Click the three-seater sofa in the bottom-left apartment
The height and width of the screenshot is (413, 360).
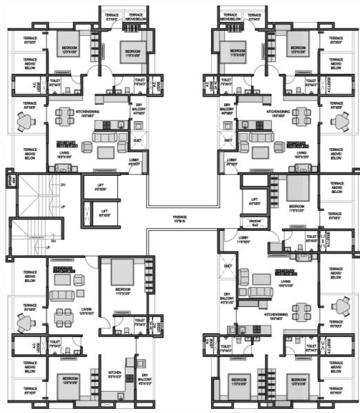[x=61, y=295]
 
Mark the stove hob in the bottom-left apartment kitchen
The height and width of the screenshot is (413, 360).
[x=128, y=363]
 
